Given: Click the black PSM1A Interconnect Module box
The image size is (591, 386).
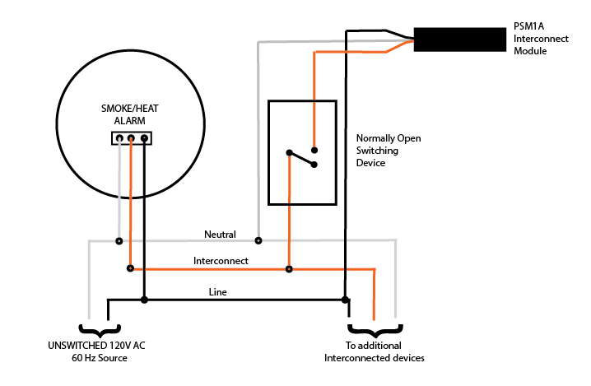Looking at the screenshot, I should (458, 40).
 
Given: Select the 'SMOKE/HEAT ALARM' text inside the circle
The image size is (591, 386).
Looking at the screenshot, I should (131, 114).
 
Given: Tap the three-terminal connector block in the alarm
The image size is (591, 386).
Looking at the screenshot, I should (132, 138).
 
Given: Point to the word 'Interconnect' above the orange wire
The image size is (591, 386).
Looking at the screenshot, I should (221, 261).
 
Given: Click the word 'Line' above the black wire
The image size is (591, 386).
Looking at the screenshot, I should (217, 291).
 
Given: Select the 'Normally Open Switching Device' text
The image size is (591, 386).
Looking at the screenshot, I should (388, 151).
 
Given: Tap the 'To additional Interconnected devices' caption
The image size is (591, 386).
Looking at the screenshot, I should (374, 351).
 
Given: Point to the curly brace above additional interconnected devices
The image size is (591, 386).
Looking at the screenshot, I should (374, 328).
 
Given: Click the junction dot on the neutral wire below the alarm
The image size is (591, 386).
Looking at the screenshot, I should (119, 241).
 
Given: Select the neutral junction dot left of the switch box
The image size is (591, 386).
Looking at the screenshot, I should (258, 241).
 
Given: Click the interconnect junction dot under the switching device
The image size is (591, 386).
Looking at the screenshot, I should (288, 268).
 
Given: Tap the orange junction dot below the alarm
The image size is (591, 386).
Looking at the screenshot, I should (130, 268).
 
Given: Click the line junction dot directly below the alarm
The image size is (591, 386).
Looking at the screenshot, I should (144, 300).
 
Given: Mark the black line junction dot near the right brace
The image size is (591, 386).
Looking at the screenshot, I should (346, 300).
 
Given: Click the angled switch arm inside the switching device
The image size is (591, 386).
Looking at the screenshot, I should (301, 157).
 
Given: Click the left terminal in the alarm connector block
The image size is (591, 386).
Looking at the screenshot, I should (119, 138).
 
